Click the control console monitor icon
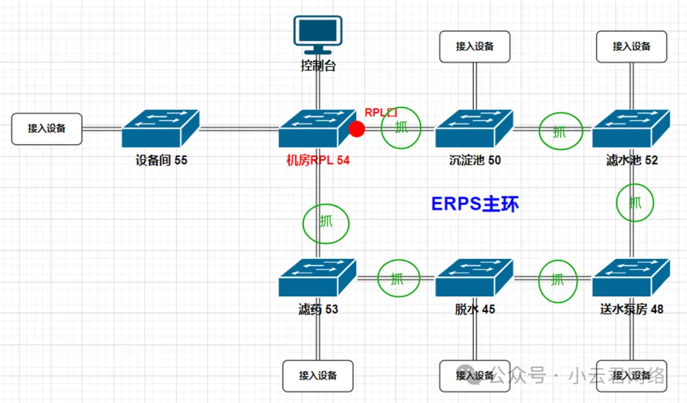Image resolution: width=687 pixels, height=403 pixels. click(317, 35)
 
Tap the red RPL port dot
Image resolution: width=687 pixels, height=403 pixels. click(357, 129)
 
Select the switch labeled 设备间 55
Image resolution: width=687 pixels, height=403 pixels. click(161, 128)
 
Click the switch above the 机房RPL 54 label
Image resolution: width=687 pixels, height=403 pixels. click(317, 128)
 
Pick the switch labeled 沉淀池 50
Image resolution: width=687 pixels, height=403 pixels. click(474, 128)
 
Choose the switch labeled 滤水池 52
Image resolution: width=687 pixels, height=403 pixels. click(631, 128)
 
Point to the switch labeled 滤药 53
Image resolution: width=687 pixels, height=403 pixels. click(317, 278)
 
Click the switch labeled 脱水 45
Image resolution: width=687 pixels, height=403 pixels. click(474, 278)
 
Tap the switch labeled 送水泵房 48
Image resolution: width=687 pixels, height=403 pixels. click(631, 278)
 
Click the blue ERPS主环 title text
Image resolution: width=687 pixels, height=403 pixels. click(475, 204)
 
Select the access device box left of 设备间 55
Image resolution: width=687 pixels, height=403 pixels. click(46, 128)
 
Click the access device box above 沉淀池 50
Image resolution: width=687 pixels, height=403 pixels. click(475, 46)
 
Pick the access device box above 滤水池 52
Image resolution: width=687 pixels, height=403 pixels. click(632, 46)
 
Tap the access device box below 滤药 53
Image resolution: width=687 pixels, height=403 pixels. click(318, 376)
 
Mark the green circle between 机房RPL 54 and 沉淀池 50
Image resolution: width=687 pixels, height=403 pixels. click(401, 128)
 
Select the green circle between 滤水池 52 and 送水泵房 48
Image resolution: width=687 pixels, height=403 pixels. click(635, 203)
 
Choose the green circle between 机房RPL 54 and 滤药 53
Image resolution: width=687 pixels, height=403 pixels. click(326, 222)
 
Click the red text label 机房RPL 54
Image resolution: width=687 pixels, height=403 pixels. click(317, 161)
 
